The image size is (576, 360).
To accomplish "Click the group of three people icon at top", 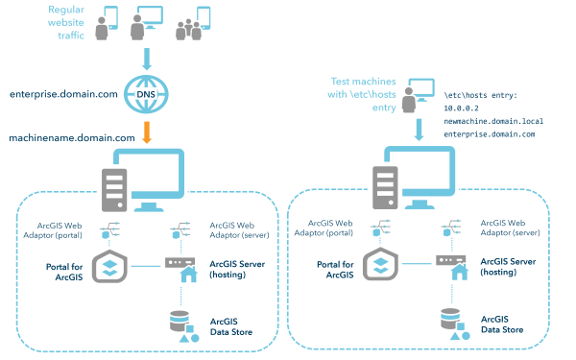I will click(192, 27).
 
